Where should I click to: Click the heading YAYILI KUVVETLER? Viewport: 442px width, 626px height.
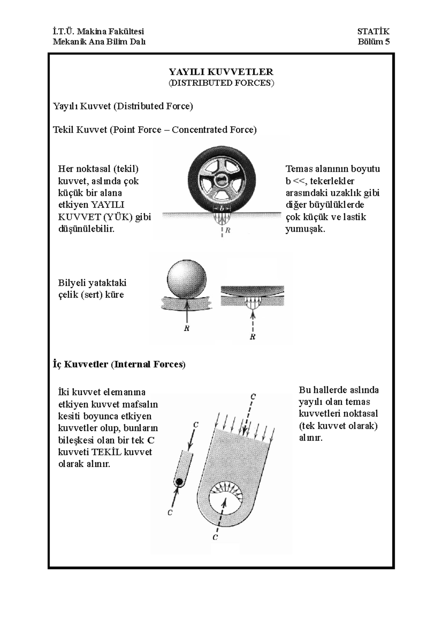[221, 72]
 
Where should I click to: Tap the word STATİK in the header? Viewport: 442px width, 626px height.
[373, 32]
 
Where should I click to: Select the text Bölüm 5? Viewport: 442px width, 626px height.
[373, 42]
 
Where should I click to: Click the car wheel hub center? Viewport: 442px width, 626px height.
[221, 180]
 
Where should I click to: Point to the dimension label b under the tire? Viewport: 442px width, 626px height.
[222, 207]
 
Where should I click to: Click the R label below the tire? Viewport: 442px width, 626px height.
[228, 230]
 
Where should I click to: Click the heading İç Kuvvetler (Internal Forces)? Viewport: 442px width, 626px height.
[119, 364]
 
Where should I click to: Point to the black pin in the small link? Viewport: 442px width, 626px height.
[179, 481]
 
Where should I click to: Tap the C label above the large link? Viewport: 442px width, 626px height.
[253, 397]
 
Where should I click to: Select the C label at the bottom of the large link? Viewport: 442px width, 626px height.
[215, 537]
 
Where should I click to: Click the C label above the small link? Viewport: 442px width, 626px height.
[196, 425]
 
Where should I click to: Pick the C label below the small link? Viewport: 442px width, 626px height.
[170, 512]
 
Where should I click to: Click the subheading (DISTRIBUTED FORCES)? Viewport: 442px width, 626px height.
[221, 83]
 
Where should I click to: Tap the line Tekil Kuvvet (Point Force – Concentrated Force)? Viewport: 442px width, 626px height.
[155, 130]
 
